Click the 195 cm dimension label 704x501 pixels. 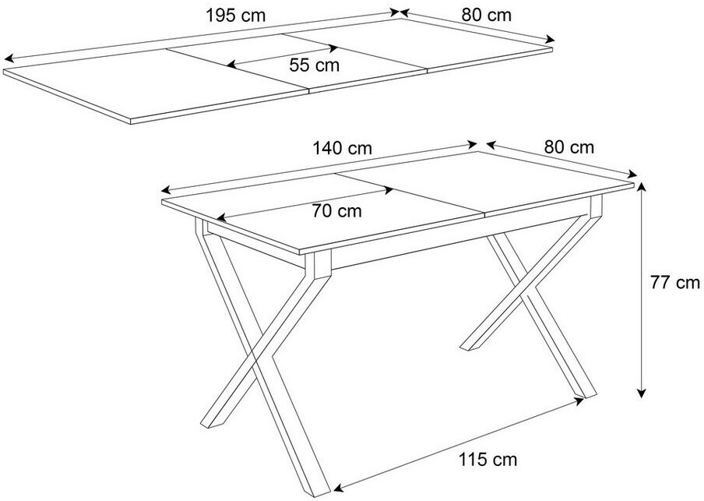[236, 16]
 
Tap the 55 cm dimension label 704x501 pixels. [315, 65]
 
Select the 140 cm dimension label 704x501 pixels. [343, 148]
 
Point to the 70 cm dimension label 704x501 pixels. [336, 210]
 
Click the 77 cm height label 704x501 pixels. [675, 283]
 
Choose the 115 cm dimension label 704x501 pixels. [488, 460]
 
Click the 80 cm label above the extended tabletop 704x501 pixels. [486, 16]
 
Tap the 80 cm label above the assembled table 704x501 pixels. [569, 147]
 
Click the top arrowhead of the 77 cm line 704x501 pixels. [642, 187]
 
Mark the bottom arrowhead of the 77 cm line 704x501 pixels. [642, 393]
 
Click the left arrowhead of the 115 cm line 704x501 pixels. [339, 487]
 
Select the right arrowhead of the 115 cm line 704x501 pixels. [579, 401]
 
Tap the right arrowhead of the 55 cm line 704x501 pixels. [333, 48]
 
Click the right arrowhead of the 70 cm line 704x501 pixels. [389, 191]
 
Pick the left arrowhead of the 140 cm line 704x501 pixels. [167, 189]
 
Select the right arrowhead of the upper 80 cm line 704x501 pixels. [550, 40]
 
